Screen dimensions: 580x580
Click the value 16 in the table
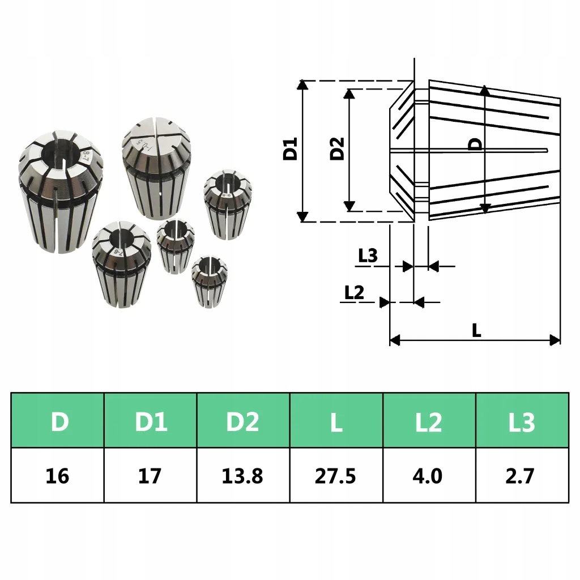58,475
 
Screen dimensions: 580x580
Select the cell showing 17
151,475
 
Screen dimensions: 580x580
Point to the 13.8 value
244,475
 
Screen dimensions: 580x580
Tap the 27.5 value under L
336,475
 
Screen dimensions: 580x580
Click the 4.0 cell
429,475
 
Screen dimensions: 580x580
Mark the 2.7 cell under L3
522,475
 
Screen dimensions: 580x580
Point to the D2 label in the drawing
338,149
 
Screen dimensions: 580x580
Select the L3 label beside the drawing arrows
368,256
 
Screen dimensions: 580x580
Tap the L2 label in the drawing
354,292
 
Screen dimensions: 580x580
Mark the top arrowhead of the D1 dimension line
303,85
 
